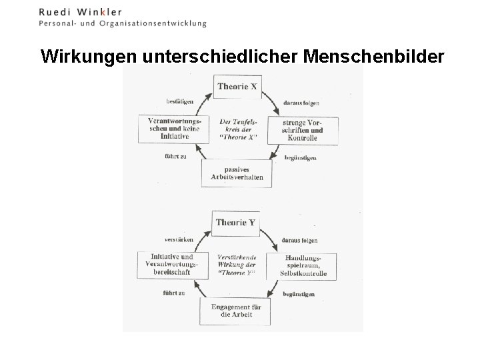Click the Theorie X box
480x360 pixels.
(235, 87)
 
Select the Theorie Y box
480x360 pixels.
(235, 223)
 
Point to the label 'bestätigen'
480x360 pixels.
(179, 101)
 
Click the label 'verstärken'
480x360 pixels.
(179, 239)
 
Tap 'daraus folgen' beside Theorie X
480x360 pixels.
(300, 103)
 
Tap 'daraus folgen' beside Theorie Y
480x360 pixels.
(299, 240)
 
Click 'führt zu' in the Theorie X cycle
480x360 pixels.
(175, 156)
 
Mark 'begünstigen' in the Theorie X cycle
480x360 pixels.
(299, 158)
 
